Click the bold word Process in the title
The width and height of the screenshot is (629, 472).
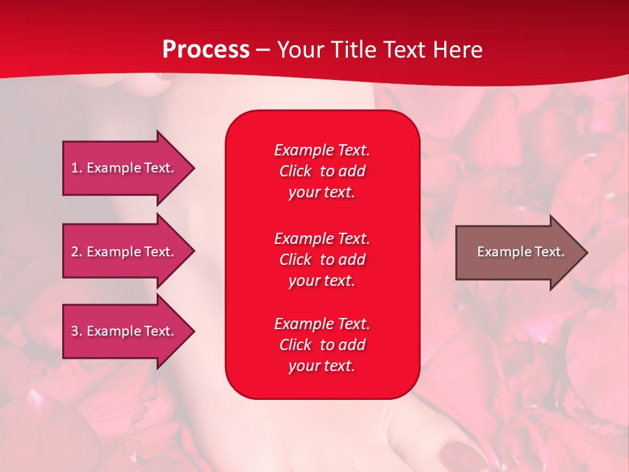pyautogui.click(x=206, y=50)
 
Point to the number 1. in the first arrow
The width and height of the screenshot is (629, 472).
pyautogui.click(x=77, y=168)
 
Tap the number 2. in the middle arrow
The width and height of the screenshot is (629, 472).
pyautogui.click(x=77, y=252)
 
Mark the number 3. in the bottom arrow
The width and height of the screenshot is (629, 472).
pyautogui.click(x=77, y=331)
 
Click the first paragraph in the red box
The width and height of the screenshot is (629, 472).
pyautogui.click(x=322, y=171)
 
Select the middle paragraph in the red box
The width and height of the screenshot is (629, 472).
pyautogui.click(x=322, y=260)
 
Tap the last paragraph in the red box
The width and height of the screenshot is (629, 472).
pyautogui.click(x=322, y=345)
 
